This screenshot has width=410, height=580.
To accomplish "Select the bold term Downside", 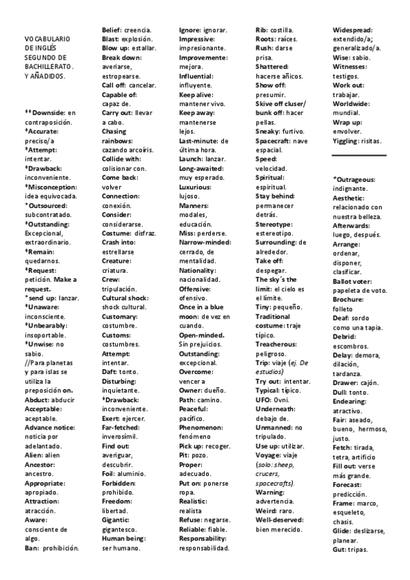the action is tap(50, 112).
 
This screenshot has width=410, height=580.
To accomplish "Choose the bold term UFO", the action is tap(263, 399).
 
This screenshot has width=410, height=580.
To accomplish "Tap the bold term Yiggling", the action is tap(347, 141).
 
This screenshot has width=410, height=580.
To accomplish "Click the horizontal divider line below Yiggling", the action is tap(359, 156).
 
